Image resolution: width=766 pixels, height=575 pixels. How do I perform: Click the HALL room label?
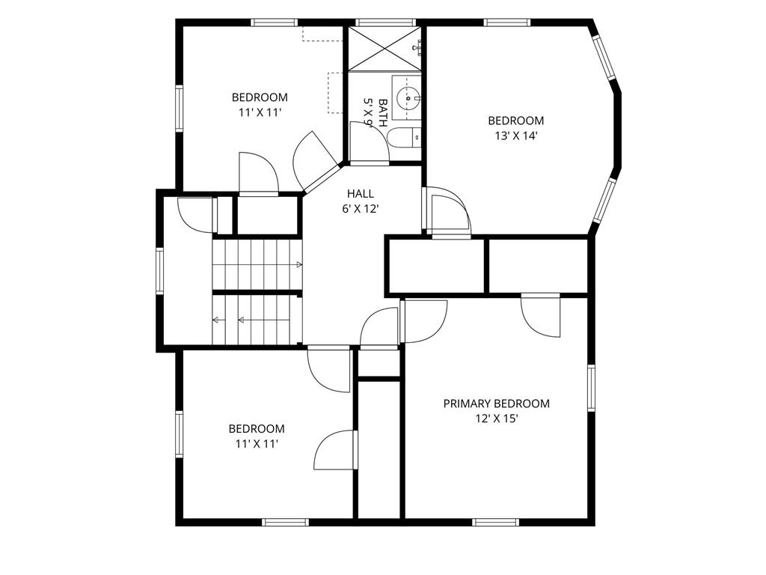pos(361,194)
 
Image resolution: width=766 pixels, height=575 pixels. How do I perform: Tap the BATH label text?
pos(383,113)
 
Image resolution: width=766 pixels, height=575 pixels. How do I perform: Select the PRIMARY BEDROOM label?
pos(497,404)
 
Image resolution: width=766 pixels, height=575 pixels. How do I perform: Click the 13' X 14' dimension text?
pos(516,136)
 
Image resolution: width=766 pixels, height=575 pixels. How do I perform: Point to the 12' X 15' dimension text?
pos(497,419)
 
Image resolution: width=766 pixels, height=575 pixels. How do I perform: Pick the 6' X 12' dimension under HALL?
pos(361,210)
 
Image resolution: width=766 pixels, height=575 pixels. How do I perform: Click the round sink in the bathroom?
pos(407,98)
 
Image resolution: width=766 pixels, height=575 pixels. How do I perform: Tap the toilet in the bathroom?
pos(403,139)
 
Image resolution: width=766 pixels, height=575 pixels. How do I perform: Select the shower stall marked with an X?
pos(384,49)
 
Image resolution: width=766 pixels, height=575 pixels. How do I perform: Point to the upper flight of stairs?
pos(257,264)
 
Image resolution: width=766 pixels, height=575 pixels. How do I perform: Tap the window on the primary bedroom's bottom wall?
pos(496,522)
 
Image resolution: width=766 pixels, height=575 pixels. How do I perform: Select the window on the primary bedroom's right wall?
pos(592,388)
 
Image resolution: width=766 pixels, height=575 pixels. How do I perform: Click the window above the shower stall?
pos(385,22)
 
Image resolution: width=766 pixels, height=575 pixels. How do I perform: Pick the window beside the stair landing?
pos(160,271)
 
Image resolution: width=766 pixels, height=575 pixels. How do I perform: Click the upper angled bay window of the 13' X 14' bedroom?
pos(604,57)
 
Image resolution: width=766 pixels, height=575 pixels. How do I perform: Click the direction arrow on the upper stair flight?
pos(299,264)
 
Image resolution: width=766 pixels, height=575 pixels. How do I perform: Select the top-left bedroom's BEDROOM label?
pos(260,97)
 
